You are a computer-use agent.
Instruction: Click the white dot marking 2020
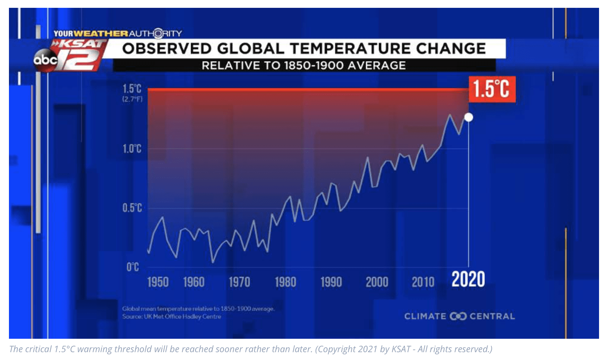(469, 117)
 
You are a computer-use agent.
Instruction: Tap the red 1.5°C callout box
(492, 89)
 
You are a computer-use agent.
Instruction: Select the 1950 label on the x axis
(158, 282)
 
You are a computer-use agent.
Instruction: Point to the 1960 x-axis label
(194, 282)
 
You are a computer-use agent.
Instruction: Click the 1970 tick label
(239, 282)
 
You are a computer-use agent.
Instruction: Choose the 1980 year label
(285, 282)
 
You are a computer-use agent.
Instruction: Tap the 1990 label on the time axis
(331, 282)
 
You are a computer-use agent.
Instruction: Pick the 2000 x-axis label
(377, 282)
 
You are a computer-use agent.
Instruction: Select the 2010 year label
(423, 282)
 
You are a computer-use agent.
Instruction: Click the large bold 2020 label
(468, 280)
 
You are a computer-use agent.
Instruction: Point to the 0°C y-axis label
(133, 267)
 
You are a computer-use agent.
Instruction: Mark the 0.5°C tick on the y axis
(132, 208)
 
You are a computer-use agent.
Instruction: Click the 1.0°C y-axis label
(132, 149)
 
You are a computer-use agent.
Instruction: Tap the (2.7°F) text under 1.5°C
(132, 99)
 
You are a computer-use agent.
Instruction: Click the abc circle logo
(45, 60)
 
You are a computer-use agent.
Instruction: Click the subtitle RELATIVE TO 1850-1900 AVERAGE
(304, 66)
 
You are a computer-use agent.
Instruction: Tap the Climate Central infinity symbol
(458, 316)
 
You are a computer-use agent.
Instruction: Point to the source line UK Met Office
(172, 317)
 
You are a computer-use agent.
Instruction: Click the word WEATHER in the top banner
(101, 34)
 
